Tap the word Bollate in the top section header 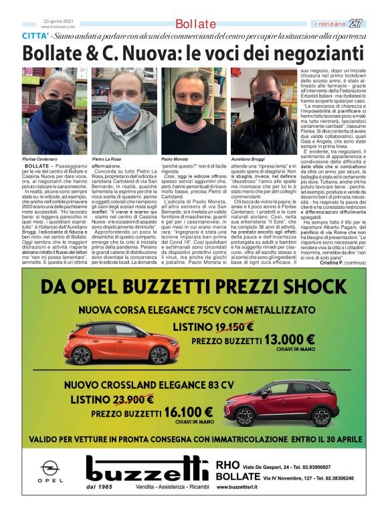click(x=195, y=24)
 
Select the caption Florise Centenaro click(x=38, y=159)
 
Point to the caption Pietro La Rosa click(x=106, y=159)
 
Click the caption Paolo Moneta click(x=175, y=159)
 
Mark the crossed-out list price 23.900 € click(x=130, y=400)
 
